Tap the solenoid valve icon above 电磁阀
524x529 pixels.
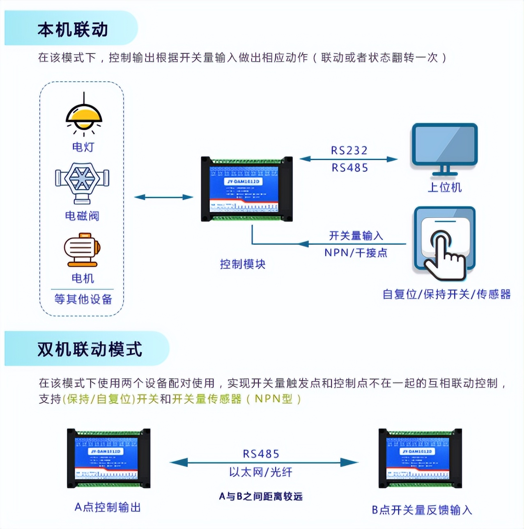tap(82, 183)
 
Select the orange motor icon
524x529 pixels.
tap(82, 250)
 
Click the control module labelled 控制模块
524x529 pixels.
tap(247, 189)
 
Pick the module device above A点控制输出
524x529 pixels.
tap(109, 458)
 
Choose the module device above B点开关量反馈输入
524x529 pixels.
tap(420, 458)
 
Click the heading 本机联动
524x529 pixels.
tap(73, 30)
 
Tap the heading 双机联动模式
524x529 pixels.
tap(90, 350)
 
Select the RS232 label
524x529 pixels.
tap(349, 150)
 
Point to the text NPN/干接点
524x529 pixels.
tap(356, 253)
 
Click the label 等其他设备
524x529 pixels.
tap(83, 299)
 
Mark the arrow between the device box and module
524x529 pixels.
tap(163, 197)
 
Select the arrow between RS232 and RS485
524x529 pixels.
tap(349, 159)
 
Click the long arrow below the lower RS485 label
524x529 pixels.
tap(264, 463)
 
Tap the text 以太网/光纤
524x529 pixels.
tap(261, 472)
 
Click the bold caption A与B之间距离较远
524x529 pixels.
tap(261, 497)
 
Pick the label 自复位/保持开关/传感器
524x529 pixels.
tap(446, 294)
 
